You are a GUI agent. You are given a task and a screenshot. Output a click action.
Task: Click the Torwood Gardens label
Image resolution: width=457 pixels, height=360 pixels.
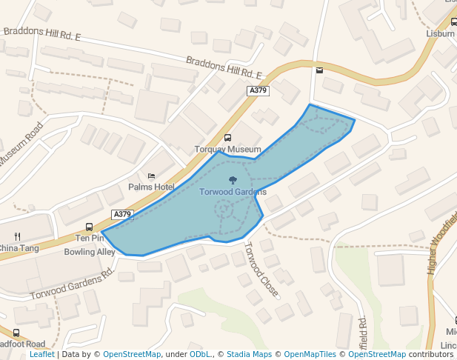(233, 192)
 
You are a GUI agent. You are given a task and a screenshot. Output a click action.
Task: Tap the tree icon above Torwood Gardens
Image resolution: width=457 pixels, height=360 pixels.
(233, 180)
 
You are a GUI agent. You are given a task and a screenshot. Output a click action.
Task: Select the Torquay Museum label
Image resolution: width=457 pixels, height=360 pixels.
(227, 149)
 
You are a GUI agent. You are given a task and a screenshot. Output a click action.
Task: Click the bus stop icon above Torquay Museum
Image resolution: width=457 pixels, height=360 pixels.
(227, 138)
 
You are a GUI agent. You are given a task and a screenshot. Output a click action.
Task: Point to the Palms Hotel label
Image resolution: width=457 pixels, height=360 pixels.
(151, 187)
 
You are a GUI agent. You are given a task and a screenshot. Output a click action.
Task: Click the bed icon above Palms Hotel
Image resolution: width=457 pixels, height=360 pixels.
(151, 176)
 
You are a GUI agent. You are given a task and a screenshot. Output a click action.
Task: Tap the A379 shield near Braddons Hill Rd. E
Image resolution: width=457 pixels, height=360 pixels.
(258, 90)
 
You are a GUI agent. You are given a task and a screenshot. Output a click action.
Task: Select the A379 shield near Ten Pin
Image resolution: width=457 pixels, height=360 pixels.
(122, 214)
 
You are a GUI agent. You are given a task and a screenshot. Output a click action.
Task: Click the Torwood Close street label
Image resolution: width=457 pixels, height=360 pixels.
(261, 270)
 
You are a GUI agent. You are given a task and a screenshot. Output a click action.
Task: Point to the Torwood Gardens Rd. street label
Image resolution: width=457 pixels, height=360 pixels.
(72, 284)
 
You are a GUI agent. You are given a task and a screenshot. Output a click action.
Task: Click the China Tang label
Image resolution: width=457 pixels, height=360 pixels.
(19, 248)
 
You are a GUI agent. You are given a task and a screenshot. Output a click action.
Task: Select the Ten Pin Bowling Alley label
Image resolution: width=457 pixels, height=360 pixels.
(90, 245)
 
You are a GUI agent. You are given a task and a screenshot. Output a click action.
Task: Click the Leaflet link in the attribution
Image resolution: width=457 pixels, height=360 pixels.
(41, 355)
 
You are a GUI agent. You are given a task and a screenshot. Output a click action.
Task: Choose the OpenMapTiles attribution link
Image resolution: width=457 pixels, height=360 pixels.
(308, 355)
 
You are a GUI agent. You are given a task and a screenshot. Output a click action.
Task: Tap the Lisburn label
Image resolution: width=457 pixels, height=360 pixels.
(441, 33)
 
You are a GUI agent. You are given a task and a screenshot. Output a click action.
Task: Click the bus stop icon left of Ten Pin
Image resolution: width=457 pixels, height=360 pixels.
(89, 227)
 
